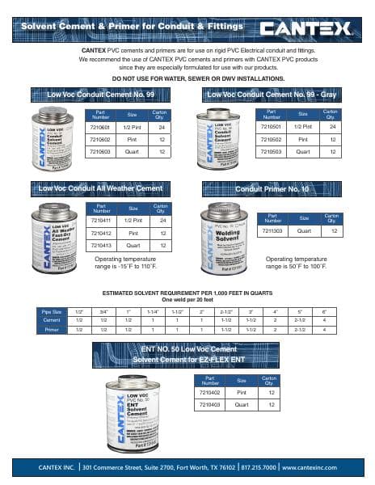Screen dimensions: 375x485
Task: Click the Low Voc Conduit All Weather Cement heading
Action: pyautogui.click(x=97, y=188)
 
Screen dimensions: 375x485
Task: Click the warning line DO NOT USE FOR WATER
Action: pyautogui.click(x=187, y=78)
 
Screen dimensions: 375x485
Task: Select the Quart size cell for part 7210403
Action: pyautogui.click(x=240, y=403)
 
